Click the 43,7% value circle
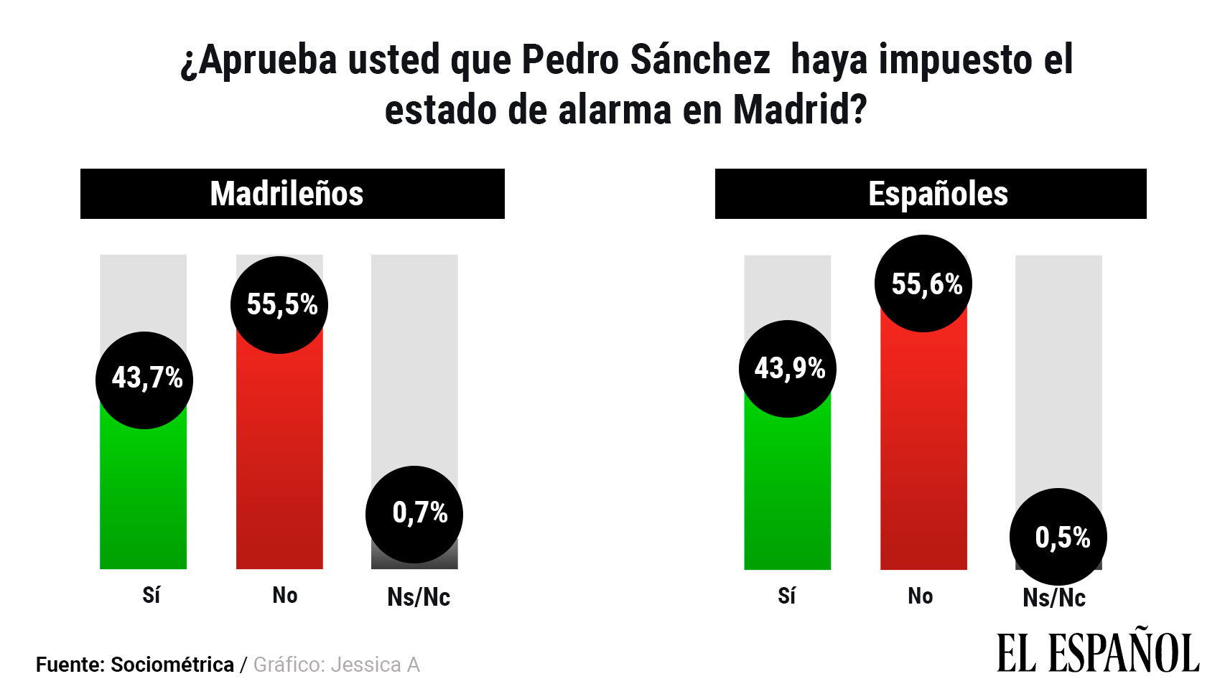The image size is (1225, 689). click(x=144, y=380)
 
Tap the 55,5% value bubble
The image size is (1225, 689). click(x=279, y=305)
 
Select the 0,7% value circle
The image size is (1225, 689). click(x=414, y=515)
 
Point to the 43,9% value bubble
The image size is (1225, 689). click(x=788, y=369)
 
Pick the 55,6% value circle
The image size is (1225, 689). click(x=923, y=283)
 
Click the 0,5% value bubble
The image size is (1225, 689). click(x=1058, y=537)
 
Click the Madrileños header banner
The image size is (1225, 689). click(x=292, y=194)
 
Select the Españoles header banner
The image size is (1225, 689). click(x=931, y=194)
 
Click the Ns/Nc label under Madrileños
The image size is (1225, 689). click(x=419, y=596)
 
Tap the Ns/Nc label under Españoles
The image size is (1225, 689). click(x=1054, y=597)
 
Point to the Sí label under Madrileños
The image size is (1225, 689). click(x=151, y=595)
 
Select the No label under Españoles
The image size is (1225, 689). click(x=921, y=596)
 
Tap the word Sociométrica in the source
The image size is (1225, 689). click(x=172, y=665)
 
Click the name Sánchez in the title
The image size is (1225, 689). click(x=700, y=60)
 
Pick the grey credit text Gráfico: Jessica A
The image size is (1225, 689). click(x=336, y=665)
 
